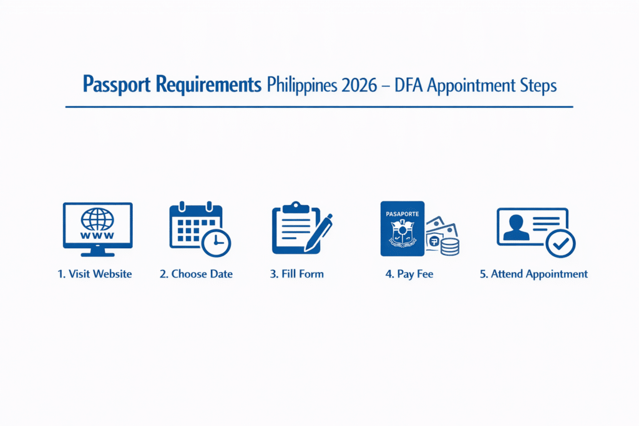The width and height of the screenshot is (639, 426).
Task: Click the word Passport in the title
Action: [x=115, y=85]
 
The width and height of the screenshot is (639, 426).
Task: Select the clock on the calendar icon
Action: [x=216, y=242]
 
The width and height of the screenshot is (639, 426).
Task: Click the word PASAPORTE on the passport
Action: [x=402, y=213]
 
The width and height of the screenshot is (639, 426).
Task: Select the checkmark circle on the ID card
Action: [x=560, y=243]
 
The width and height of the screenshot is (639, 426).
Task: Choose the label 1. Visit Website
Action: [x=95, y=274]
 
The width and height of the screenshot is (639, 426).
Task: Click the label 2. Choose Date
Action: [x=196, y=274]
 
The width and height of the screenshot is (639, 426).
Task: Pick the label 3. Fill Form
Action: [x=297, y=274]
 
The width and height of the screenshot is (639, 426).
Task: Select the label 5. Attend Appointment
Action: [x=534, y=274]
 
